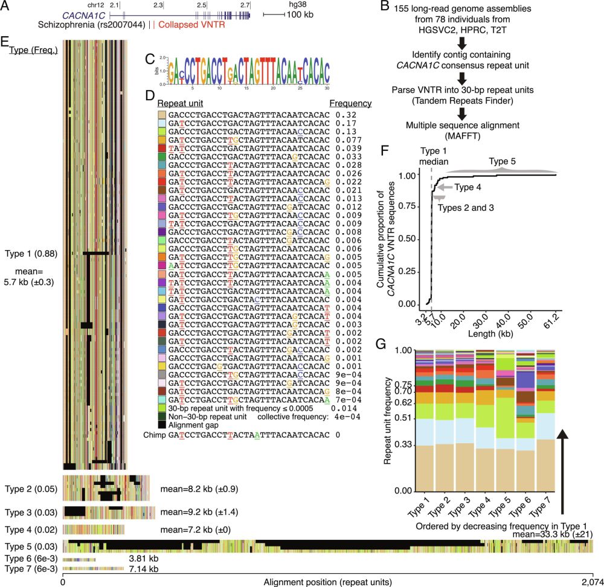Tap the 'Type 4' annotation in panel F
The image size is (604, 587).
point(468,188)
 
